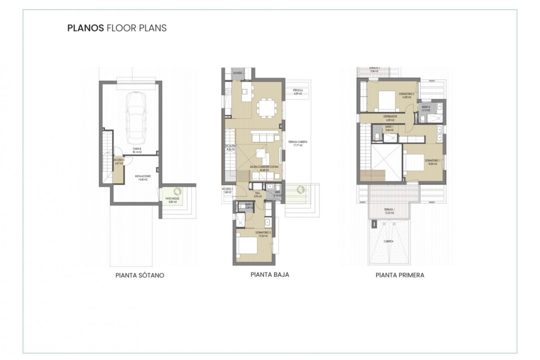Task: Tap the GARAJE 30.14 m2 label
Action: (x=137, y=150)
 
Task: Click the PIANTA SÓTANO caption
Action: (x=140, y=275)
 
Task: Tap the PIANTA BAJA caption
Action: (x=270, y=274)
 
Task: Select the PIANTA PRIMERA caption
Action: (x=400, y=275)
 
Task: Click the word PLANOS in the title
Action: (x=85, y=28)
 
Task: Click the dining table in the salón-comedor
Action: (x=266, y=107)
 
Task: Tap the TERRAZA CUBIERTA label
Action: (x=298, y=143)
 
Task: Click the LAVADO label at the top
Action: (x=237, y=73)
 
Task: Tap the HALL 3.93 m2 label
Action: (x=258, y=195)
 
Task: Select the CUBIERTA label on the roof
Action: (x=388, y=241)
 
